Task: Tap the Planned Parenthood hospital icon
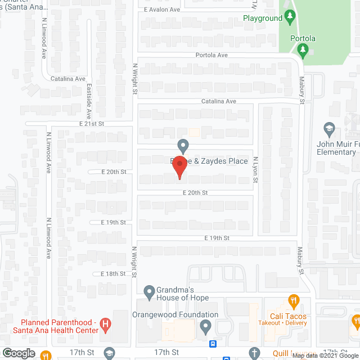105,325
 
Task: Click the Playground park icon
290,17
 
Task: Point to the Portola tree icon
303,51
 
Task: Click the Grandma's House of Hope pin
149,292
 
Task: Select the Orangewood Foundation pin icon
206,326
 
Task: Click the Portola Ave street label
211,55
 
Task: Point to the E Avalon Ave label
161,10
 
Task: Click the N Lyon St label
255,168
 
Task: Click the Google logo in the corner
18,353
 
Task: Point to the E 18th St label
113,273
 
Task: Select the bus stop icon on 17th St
213,344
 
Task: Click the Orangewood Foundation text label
175,314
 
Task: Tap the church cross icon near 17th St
254,352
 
